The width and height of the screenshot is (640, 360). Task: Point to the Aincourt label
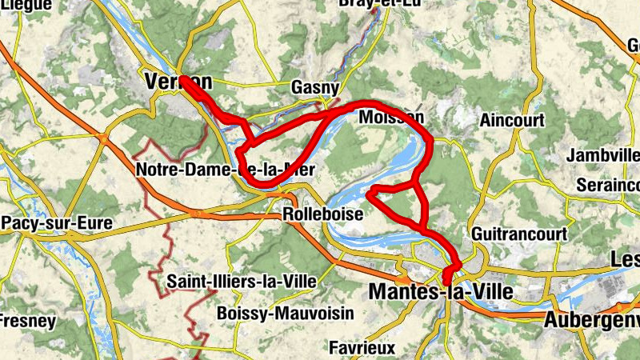(x=512, y=121)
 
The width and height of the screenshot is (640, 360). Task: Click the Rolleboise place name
(x=323, y=215)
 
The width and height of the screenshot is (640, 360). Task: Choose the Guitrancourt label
(x=519, y=234)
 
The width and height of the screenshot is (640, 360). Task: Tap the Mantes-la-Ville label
(x=440, y=293)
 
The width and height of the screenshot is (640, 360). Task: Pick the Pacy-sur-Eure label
(x=55, y=222)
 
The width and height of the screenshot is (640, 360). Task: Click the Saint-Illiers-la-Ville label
(x=242, y=282)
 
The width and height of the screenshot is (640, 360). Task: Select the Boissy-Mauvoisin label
(x=285, y=314)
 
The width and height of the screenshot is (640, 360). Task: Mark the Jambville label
(x=603, y=155)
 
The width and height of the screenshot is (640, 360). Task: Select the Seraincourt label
(x=607, y=186)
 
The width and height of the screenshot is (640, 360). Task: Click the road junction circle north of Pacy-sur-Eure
(x=104, y=139)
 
